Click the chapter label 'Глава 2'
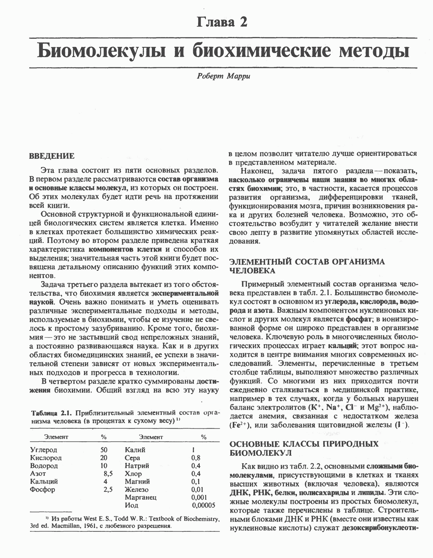pyautogui.click(x=222, y=22)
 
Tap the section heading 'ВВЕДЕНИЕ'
pyautogui.click(x=51, y=156)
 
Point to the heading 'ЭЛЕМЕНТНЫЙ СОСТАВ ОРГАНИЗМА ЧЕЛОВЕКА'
pyautogui.click(x=307, y=266)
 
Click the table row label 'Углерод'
pyautogui.click(x=44, y=450)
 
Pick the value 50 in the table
pyautogui.click(x=104, y=450)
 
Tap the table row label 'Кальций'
pyautogui.click(x=44, y=482)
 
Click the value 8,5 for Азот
pyautogui.click(x=108, y=474)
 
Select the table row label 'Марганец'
pyautogui.click(x=141, y=497)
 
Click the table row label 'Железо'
pyautogui.click(x=137, y=489)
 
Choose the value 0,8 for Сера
pyautogui.click(x=195, y=458)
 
